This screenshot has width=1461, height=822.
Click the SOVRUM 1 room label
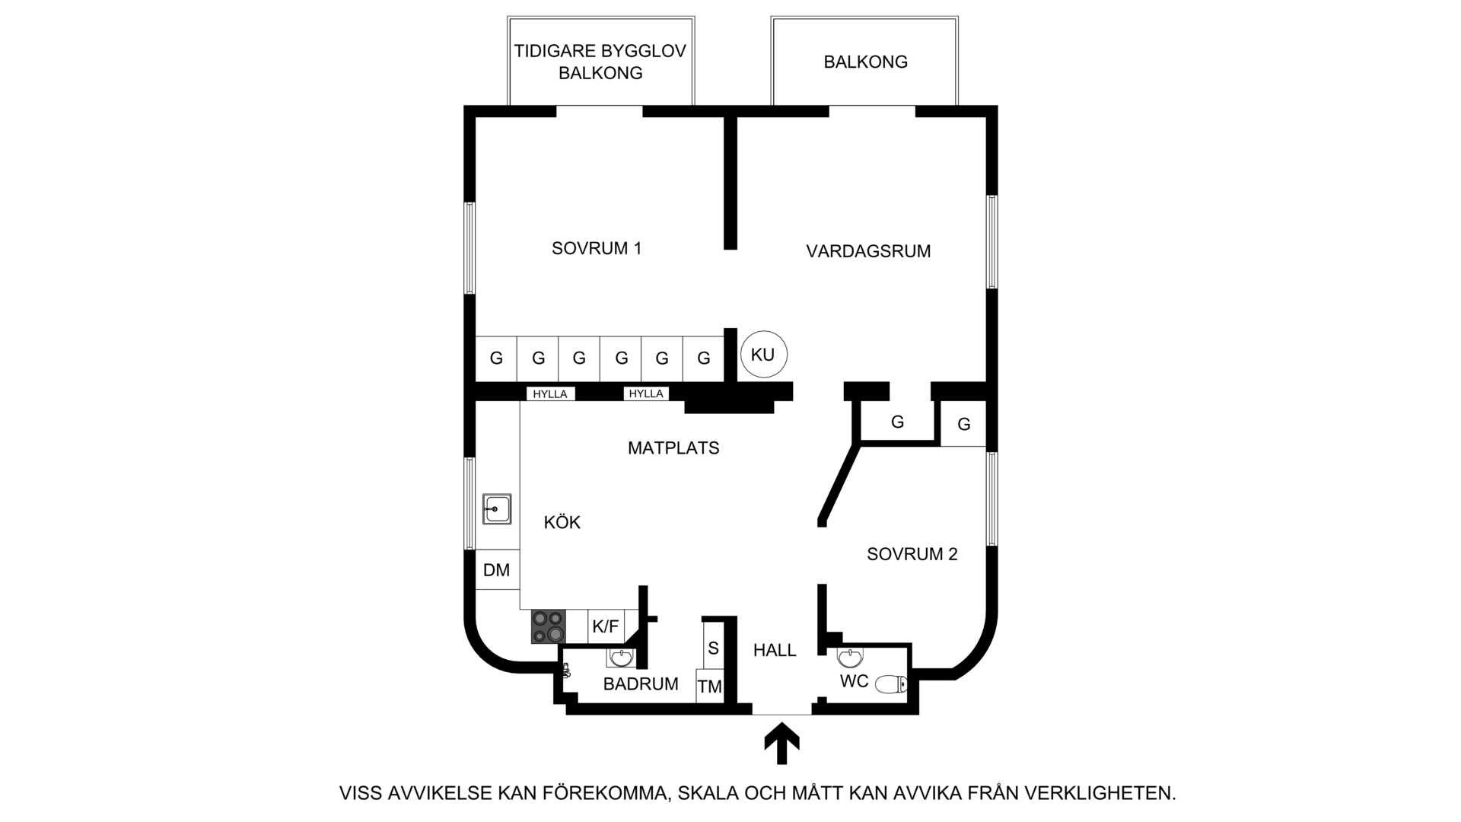click(x=597, y=248)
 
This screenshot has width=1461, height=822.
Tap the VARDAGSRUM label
click(x=868, y=251)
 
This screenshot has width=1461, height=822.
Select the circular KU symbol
click(x=763, y=355)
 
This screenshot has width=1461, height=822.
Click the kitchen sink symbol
click(x=497, y=508)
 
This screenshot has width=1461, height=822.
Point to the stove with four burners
click(x=549, y=626)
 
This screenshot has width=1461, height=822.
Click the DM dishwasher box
click(x=497, y=569)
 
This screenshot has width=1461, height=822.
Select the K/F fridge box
click(x=606, y=626)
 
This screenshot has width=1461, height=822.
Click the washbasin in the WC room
click(x=850, y=656)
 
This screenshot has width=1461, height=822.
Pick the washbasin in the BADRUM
click(x=621, y=657)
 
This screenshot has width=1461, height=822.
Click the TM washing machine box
click(x=709, y=687)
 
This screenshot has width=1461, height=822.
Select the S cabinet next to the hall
click(x=713, y=647)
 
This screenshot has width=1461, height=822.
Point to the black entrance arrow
click(x=781, y=744)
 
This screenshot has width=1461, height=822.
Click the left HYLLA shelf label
click(x=550, y=393)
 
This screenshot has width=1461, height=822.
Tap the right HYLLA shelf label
click(x=646, y=393)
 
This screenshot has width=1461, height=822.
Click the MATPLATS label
click(x=673, y=448)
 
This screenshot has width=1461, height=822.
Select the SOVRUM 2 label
click(x=912, y=554)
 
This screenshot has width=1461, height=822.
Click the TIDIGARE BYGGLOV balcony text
click(x=600, y=51)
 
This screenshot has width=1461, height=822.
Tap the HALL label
click(x=775, y=650)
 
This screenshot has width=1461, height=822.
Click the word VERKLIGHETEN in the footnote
click(x=1100, y=793)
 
